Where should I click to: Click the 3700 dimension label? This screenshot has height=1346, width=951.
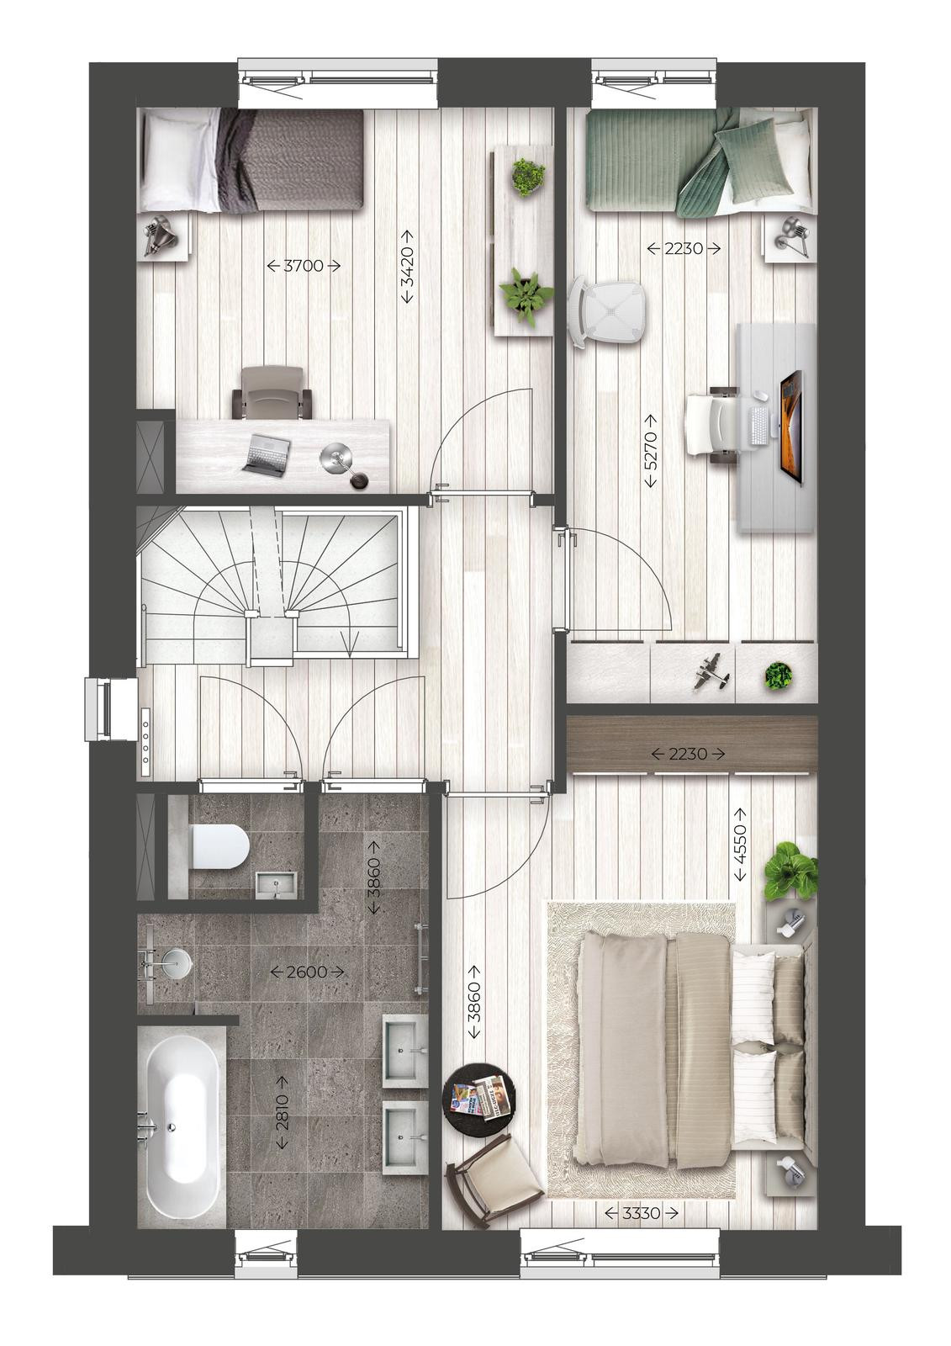[304, 265]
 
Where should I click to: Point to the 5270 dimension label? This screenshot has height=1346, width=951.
[651, 451]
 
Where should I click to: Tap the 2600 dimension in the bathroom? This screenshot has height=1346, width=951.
[307, 971]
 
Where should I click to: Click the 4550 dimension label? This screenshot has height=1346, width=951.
[740, 844]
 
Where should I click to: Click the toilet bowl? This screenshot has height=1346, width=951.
[218, 846]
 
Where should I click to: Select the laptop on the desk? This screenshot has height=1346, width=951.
[267, 455]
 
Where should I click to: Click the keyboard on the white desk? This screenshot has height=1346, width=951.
[759, 426]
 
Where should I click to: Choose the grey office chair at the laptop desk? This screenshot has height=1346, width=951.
[273, 394]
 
